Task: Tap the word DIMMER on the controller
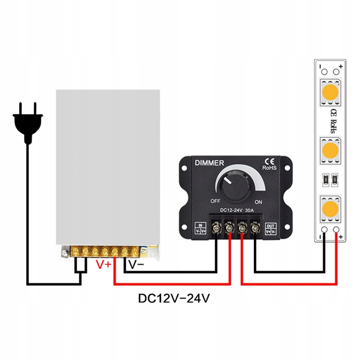(209, 163)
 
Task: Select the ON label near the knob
(258, 201)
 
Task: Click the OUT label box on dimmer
(271, 228)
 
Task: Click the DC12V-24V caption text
(174, 298)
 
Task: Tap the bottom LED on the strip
(331, 209)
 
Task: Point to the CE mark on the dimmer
(269, 161)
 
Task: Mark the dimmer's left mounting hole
(184, 168)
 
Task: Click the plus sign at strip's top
(341, 66)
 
